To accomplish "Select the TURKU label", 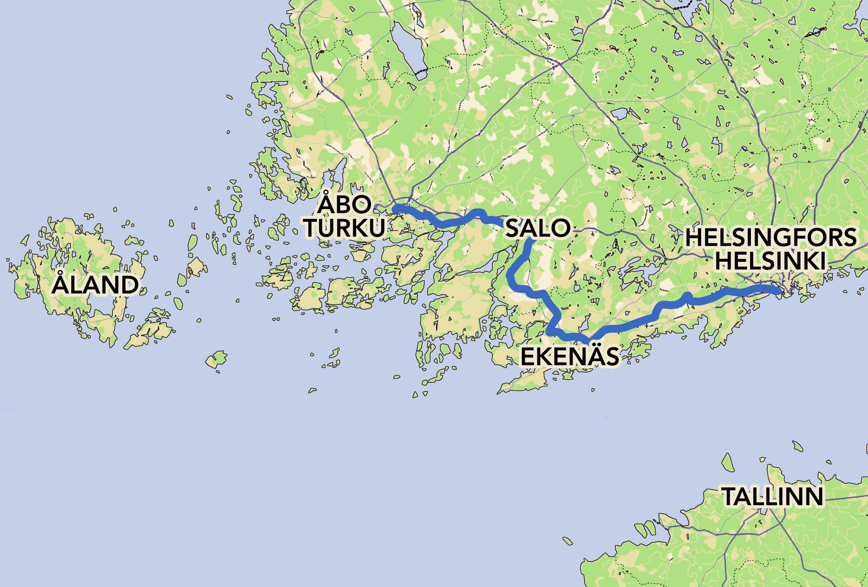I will point(345,227).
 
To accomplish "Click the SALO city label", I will point(538,228).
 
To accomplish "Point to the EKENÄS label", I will point(570,356).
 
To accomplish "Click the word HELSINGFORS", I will point(771,237).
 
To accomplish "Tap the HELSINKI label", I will point(770,261).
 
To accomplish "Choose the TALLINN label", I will point(772,496).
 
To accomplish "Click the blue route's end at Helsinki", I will point(778,290).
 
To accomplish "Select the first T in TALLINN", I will point(730,496).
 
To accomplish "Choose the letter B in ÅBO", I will point(344,204).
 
